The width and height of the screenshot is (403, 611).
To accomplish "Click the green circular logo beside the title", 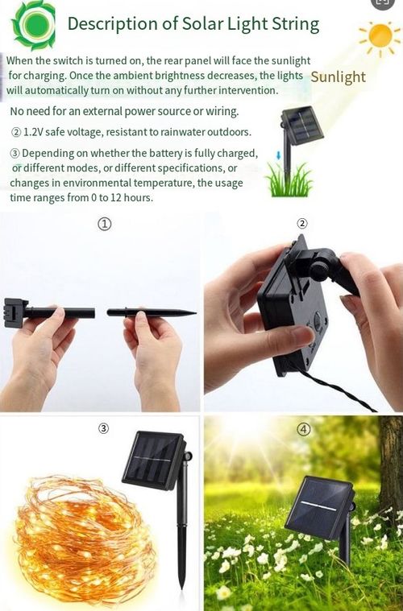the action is coord(34,25).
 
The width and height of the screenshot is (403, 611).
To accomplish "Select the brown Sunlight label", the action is coord(338,76).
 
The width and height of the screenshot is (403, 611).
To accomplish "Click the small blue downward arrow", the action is coord(278,155).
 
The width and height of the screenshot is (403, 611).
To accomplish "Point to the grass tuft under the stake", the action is coord(289,180).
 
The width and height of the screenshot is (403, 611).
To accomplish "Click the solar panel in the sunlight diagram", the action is coord(303,126).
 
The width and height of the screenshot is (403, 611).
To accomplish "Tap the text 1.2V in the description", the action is coord(33,132).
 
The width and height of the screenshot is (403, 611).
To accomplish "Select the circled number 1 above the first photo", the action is coord(104,224).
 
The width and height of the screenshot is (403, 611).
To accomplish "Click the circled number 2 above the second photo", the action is coord(302,223).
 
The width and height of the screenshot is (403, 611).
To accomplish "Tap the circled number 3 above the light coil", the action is coord(103,428).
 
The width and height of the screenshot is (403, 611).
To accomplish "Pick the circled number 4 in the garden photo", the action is coord(304,429).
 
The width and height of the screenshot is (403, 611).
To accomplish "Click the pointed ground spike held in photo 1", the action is coord(152,312).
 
